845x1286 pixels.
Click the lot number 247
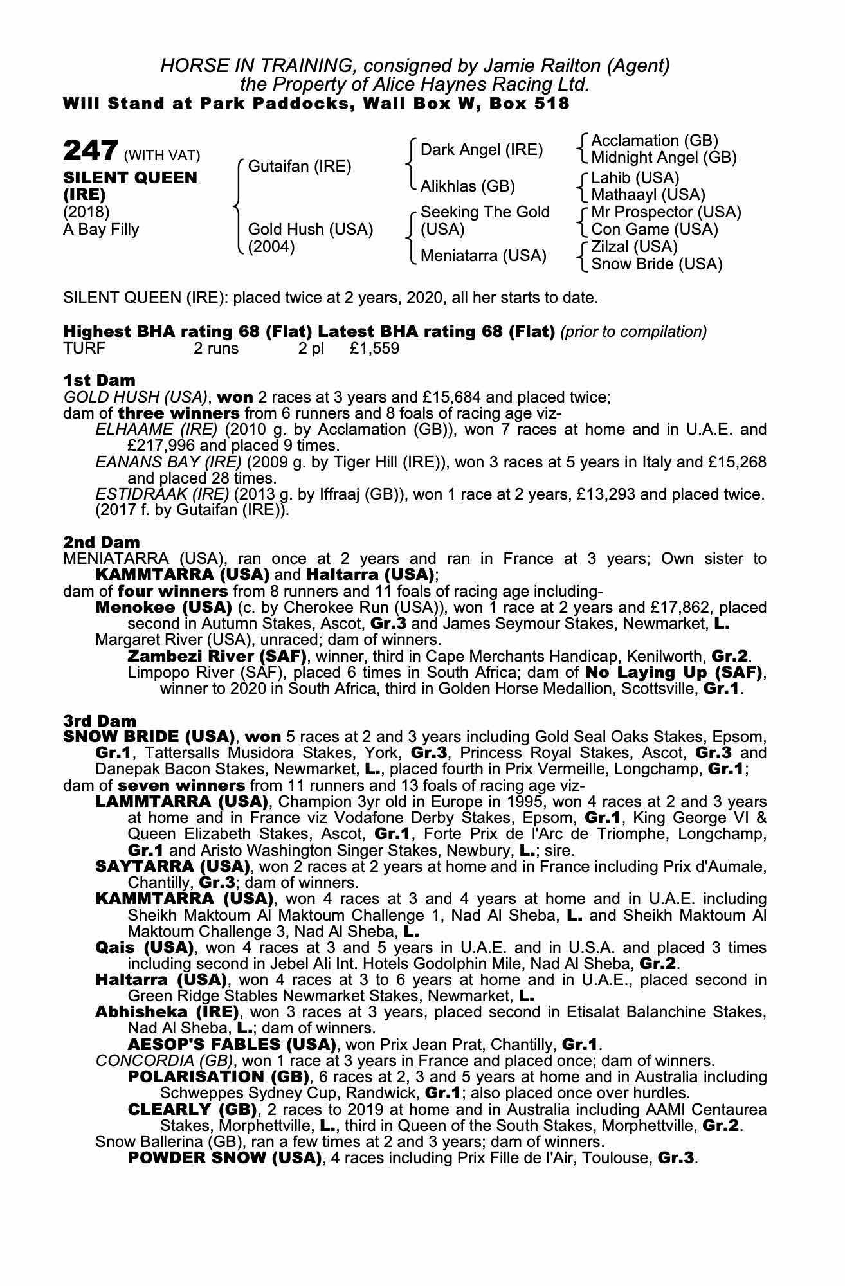[90, 151]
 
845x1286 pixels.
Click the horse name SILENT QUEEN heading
[130, 177]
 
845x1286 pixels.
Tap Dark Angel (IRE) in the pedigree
[482, 150]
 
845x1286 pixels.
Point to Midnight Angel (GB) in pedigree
[664, 158]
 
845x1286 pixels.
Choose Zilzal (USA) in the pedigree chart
[634, 247]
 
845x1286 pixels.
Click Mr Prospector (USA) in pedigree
[666, 212]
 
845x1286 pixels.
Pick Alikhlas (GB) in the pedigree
[468, 186]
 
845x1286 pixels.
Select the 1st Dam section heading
[99, 380]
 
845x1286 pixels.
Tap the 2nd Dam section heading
[101, 542]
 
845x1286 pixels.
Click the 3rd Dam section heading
[100, 721]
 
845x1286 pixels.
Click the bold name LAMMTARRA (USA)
[181, 802]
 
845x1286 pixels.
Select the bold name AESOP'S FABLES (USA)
[232, 1044]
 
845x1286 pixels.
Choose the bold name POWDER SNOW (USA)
[224, 1158]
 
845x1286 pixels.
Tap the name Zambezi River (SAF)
[217, 657]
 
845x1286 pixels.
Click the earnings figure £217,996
[162, 446]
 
